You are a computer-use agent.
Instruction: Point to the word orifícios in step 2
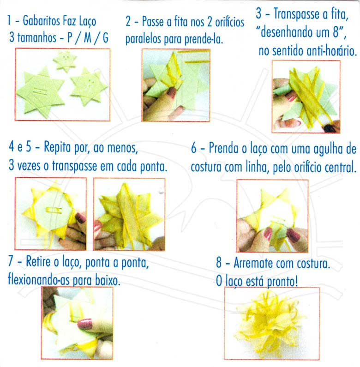point(229,22)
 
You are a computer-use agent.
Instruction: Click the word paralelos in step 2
point(143,39)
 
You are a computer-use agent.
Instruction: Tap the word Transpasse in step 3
point(297,14)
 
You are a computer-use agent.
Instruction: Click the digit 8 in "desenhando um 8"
point(336,32)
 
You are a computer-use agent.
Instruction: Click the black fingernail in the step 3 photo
point(330,128)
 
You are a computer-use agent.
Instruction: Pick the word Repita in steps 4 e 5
point(57,147)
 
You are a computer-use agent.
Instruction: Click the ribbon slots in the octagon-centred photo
point(54,211)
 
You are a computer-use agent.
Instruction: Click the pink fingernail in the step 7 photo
point(85,324)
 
